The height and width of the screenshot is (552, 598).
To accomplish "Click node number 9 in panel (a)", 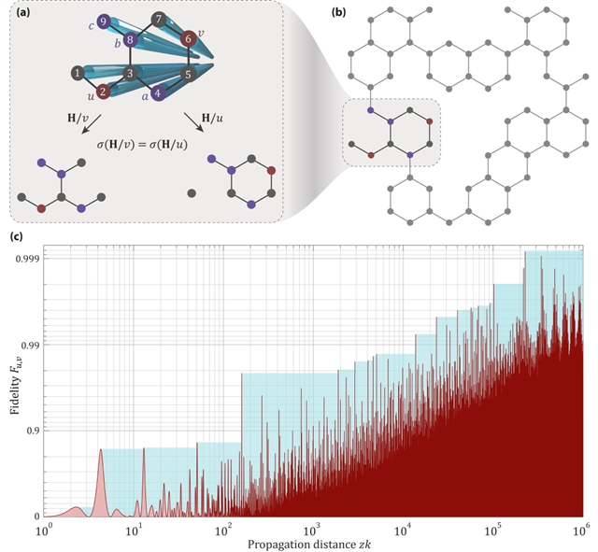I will coord(102,21).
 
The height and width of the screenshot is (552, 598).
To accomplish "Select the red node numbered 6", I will coord(189,38).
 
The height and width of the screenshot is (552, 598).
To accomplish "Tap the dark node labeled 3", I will coord(132,72).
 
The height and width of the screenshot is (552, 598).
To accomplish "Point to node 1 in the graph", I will coord(76,72).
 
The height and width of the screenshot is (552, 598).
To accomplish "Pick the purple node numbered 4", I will coord(160,92).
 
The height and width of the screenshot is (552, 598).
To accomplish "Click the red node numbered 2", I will coord(103,92).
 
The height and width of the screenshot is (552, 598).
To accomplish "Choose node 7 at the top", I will coord(160,20).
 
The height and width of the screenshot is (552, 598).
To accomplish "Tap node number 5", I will coord(188,73).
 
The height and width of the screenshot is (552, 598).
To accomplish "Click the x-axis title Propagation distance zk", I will coord(313,545).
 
